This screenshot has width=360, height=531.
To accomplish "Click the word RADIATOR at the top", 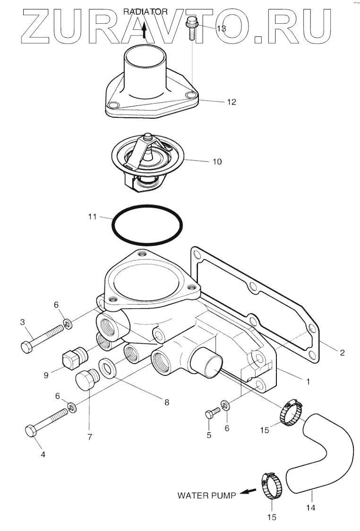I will (x=146, y=12).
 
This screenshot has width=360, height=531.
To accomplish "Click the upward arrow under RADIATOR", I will (x=145, y=31).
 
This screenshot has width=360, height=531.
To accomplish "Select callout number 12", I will (x=231, y=102).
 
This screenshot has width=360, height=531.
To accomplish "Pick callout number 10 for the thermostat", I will (x=216, y=162).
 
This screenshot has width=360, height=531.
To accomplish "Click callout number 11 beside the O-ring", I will (x=92, y=217).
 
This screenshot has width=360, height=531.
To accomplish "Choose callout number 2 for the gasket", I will (x=342, y=352).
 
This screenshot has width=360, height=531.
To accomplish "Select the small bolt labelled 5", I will (x=210, y=415).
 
